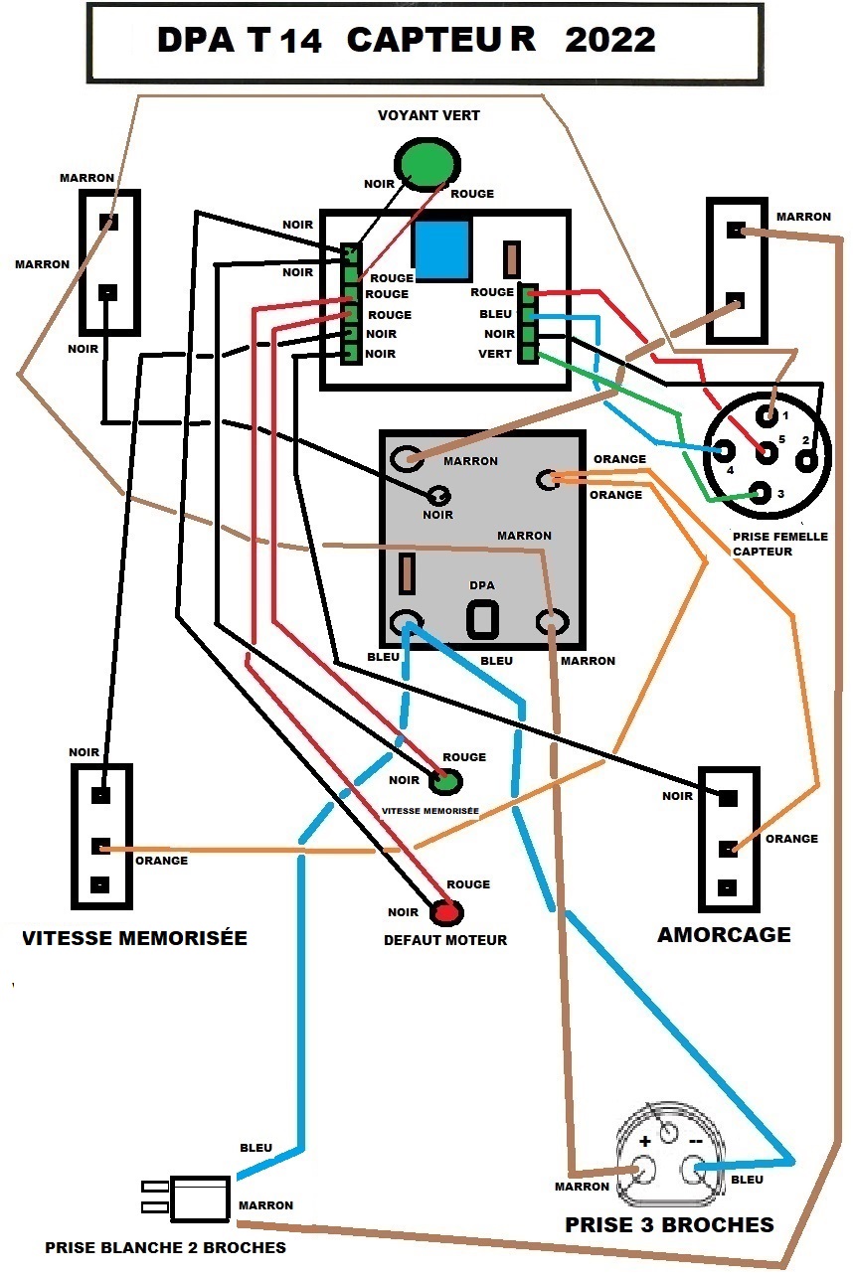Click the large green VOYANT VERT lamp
(427, 164)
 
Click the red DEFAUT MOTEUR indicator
(446, 912)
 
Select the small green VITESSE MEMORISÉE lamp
(444, 781)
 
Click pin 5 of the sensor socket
(768, 452)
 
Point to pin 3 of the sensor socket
(761, 492)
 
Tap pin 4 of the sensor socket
(723, 451)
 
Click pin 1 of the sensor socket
(768, 415)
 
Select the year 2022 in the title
(609, 40)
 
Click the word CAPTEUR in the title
(441, 40)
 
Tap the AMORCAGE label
(724, 934)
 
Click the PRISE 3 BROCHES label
(669, 1225)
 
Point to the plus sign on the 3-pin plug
(644, 1141)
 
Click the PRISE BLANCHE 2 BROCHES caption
(165, 1248)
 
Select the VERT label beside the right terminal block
(495, 354)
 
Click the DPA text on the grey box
(482, 585)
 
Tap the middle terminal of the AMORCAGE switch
(728, 849)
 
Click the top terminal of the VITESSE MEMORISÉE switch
(100, 795)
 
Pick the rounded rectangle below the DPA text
(483, 619)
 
